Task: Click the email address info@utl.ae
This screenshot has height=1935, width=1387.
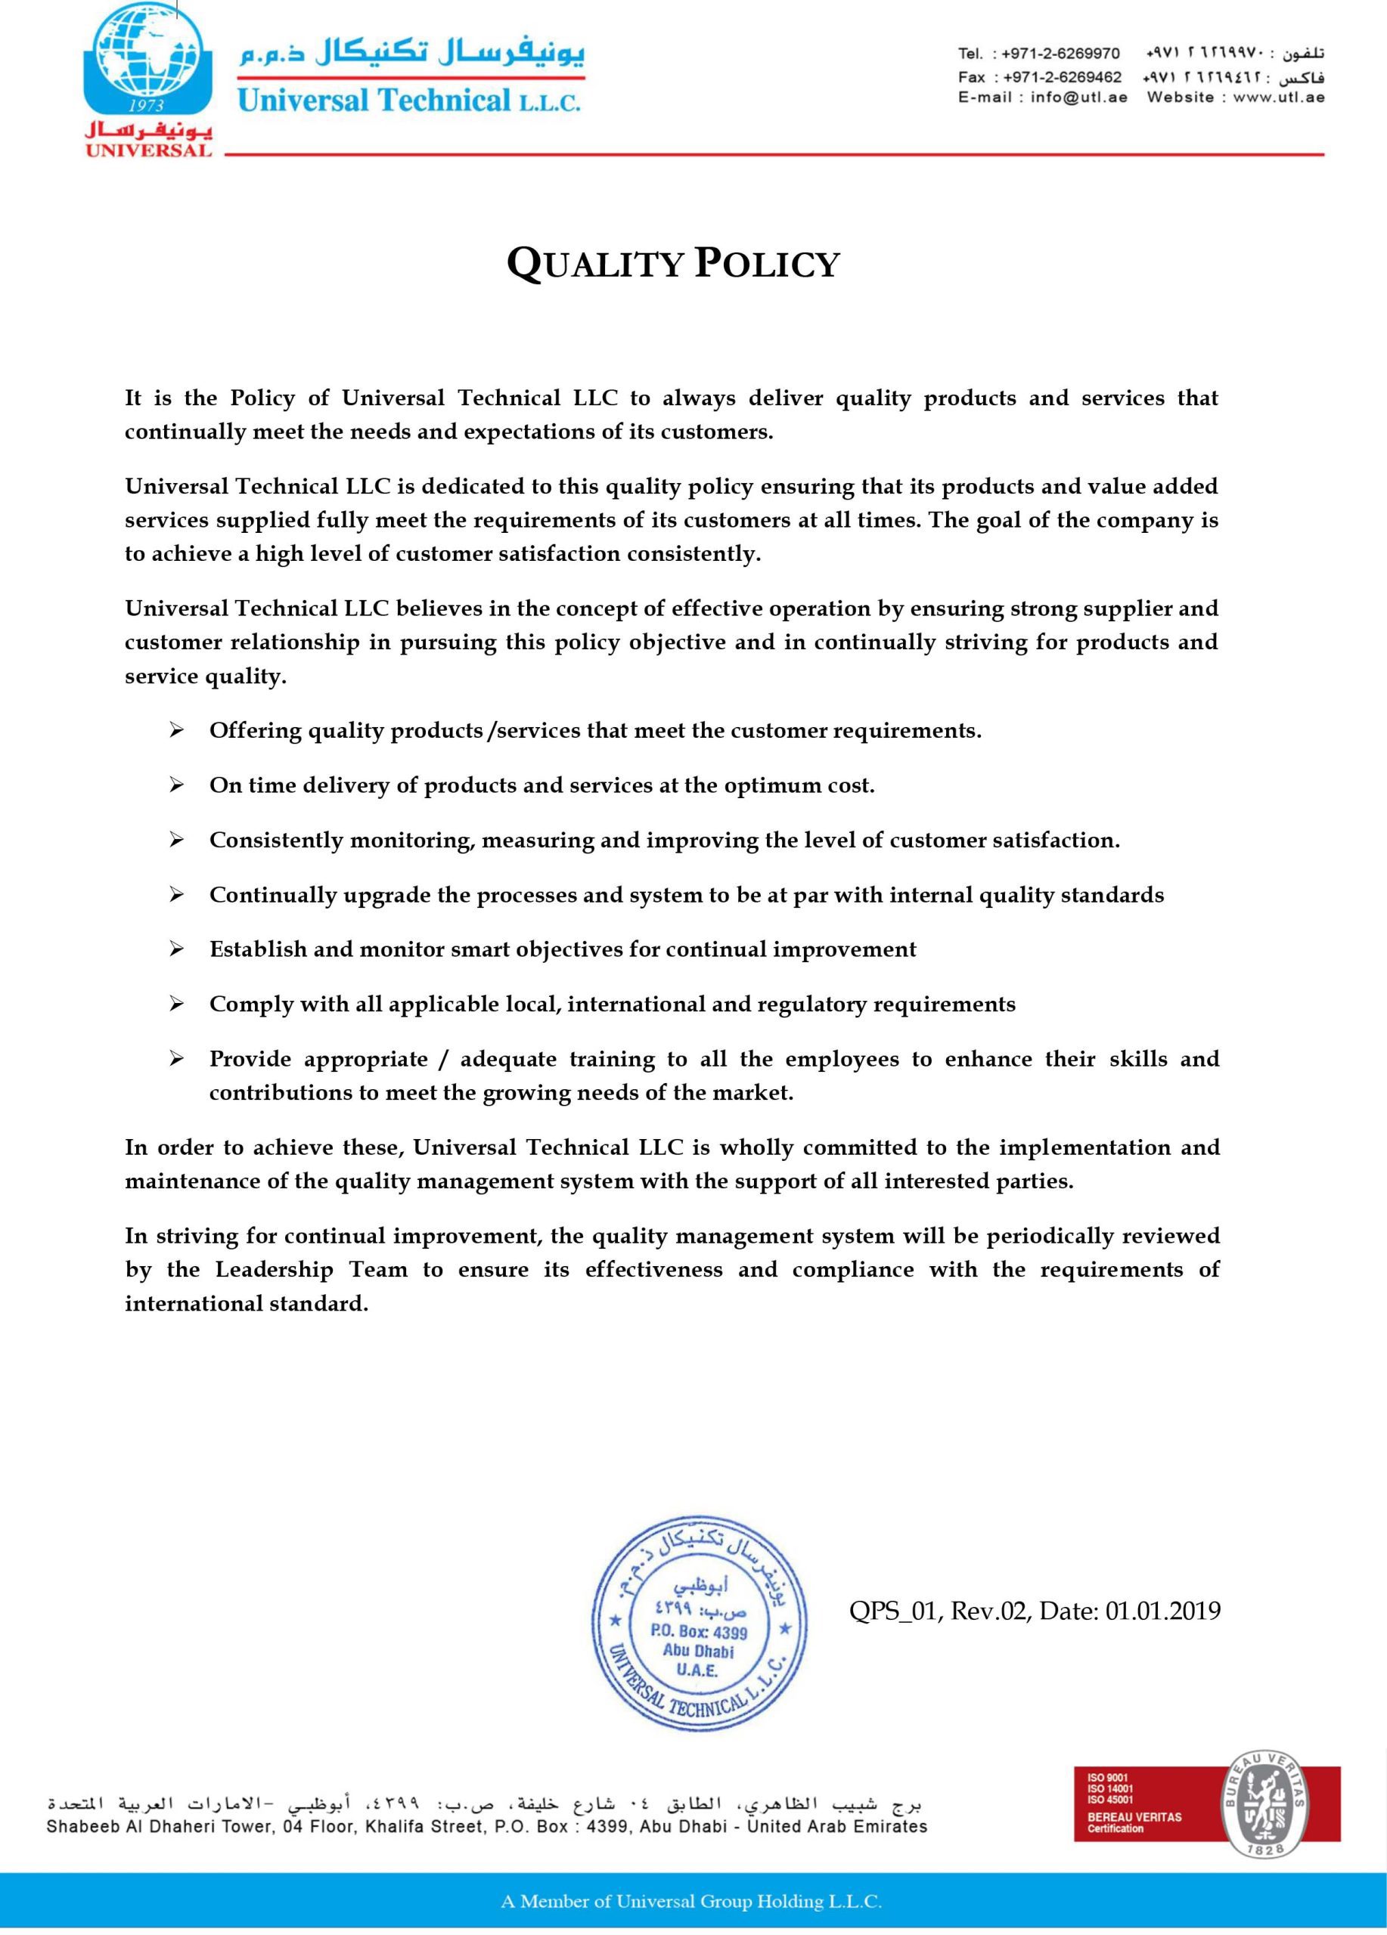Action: [x=1078, y=98]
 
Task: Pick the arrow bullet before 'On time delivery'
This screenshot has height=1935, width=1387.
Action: [x=177, y=786]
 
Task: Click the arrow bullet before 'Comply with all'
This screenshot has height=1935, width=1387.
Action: [x=177, y=1005]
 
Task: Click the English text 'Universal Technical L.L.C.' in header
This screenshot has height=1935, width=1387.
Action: [x=409, y=101]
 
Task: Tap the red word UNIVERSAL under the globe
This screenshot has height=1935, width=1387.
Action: [x=147, y=151]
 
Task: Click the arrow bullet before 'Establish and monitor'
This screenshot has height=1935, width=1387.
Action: [x=177, y=949]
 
